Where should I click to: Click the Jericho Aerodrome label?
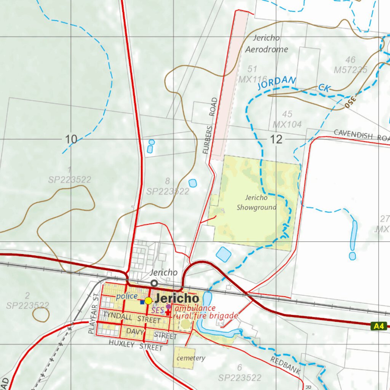click(266, 43)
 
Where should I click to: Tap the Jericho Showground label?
click(256, 202)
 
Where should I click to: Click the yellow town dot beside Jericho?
click(148, 301)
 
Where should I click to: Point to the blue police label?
click(127, 296)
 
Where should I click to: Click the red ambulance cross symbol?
click(168, 312)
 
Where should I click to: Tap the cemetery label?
click(191, 358)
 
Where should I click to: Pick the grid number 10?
click(71, 139)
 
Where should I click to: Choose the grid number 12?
click(277, 139)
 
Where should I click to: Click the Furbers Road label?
click(210, 126)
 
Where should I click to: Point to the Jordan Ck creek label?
click(293, 84)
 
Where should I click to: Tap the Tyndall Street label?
click(132, 318)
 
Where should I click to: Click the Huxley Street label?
click(136, 345)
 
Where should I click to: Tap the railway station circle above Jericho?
click(154, 283)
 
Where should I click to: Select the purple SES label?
click(157, 311)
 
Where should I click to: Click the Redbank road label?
click(286, 365)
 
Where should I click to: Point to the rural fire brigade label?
click(206, 316)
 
